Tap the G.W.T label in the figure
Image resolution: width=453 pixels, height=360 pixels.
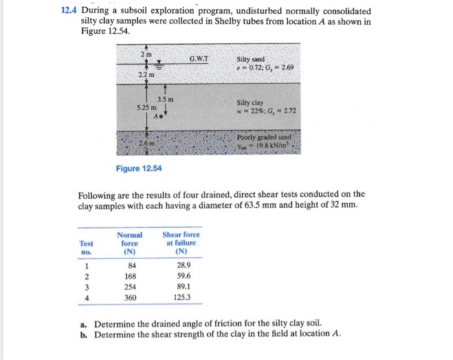(x=198, y=60)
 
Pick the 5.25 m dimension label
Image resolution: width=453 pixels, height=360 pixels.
(x=144, y=107)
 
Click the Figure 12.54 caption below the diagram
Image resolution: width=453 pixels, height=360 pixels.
(x=139, y=169)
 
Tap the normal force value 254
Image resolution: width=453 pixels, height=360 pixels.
(x=133, y=287)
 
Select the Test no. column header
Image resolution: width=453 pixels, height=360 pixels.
(x=86, y=248)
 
